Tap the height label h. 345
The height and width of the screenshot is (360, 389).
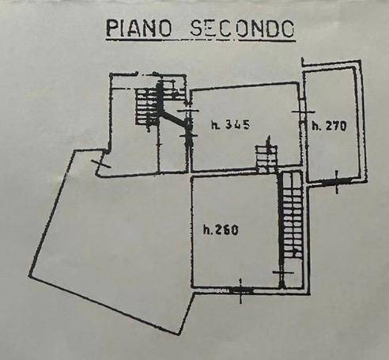tap(230, 125)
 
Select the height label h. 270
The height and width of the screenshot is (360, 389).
tap(329, 126)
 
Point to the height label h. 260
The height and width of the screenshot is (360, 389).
tap(221, 229)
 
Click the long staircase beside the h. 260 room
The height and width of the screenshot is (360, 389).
tap(293, 215)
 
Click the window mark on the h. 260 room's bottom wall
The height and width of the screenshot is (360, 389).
tap(240, 290)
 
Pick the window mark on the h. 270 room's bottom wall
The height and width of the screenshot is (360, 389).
tap(337, 182)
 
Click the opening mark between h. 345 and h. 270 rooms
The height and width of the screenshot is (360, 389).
tap(303, 112)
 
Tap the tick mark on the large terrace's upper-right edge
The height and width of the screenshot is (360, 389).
tap(100, 164)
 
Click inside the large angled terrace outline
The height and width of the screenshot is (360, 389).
tap(113, 237)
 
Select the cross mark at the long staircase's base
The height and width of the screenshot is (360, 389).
tap(282, 273)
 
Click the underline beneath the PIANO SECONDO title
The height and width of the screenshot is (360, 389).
tap(200, 40)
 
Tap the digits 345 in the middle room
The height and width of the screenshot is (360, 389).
tap(238, 125)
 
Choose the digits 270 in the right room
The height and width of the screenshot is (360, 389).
tap(336, 127)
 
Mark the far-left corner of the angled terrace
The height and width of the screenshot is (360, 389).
tap(30, 275)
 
